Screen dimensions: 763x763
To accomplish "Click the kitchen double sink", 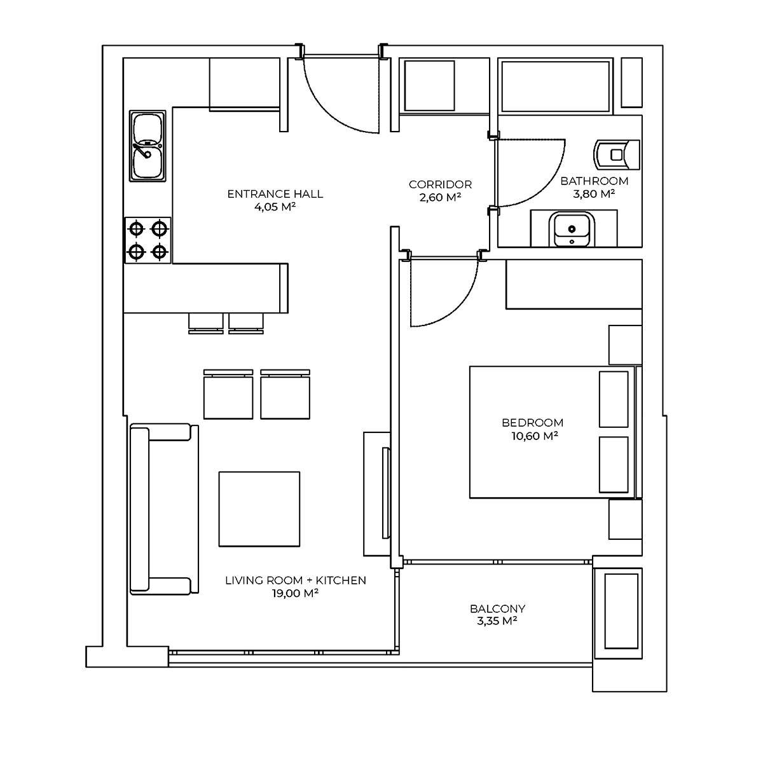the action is pos(148,146).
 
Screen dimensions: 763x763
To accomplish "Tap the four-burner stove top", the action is pos(148,240).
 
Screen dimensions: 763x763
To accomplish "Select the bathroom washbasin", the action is pos(572,230).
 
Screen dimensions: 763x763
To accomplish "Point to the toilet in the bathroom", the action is pos(617,155).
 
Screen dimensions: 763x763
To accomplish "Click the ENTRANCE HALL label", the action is pos(275,194).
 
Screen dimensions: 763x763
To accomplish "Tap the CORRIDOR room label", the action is pos(440,184).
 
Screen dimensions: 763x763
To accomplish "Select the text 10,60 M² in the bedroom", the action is pos(535,436).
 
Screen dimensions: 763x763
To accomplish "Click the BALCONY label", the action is pos(497,608).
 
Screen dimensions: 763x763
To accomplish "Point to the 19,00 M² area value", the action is pos(295,593).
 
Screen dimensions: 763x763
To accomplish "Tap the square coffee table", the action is pos(259,509).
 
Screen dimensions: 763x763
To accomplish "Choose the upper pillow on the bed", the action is pos(614,399).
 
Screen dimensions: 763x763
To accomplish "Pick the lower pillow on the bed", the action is pos(614,465).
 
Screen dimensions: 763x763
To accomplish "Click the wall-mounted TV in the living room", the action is pos(386,493).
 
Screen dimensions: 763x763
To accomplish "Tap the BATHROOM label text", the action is pos(595,181).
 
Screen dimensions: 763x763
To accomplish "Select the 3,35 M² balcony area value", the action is pos(497,621).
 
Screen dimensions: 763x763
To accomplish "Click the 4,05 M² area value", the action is pos(275,207).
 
